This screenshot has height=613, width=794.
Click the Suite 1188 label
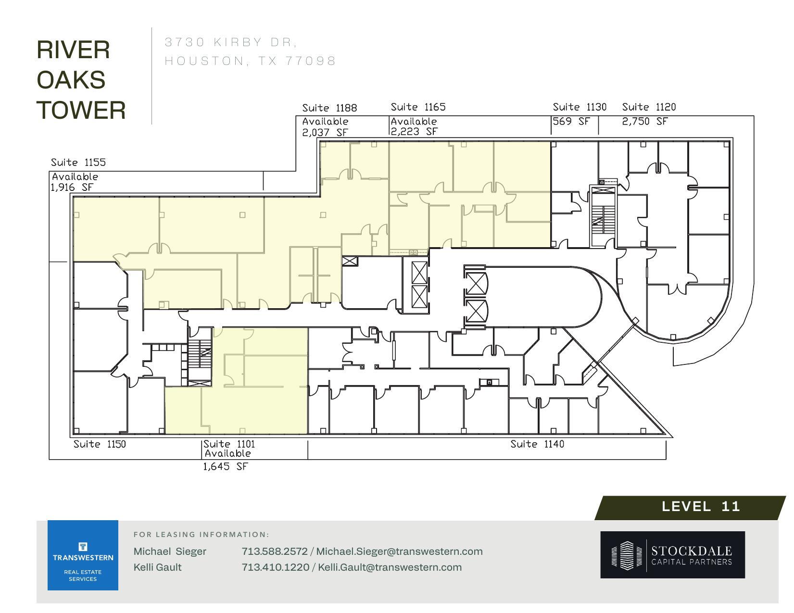pyautogui.click(x=329, y=108)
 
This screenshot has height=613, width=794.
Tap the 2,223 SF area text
pyautogui.click(x=414, y=131)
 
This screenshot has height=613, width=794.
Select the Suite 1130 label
pyautogui.click(x=579, y=107)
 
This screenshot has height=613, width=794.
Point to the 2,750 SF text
pyautogui.click(x=644, y=121)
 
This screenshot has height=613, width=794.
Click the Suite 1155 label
pyautogui.click(x=78, y=163)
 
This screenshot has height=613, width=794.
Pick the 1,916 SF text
pyautogui.click(x=72, y=187)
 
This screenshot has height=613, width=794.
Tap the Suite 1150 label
pyautogui.click(x=100, y=444)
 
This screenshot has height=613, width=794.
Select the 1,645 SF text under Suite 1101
pyautogui.click(x=225, y=466)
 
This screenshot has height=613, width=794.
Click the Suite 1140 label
pyautogui.click(x=537, y=444)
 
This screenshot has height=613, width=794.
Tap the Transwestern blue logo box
pyautogui.click(x=83, y=555)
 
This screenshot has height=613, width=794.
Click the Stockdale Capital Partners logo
pyautogui.click(x=672, y=554)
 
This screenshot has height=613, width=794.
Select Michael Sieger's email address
pyautogui.click(x=399, y=551)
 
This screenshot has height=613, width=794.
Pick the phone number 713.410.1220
pyautogui.click(x=275, y=567)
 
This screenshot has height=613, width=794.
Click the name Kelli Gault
pyautogui.click(x=157, y=567)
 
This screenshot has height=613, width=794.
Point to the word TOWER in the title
pyautogui.click(x=81, y=110)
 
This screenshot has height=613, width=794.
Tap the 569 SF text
pyautogui.click(x=571, y=121)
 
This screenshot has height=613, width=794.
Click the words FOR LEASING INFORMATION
pyautogui.click(x=201, y=534)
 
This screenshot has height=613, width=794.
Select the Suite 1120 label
pyautogui.click(x=649, y=107)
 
